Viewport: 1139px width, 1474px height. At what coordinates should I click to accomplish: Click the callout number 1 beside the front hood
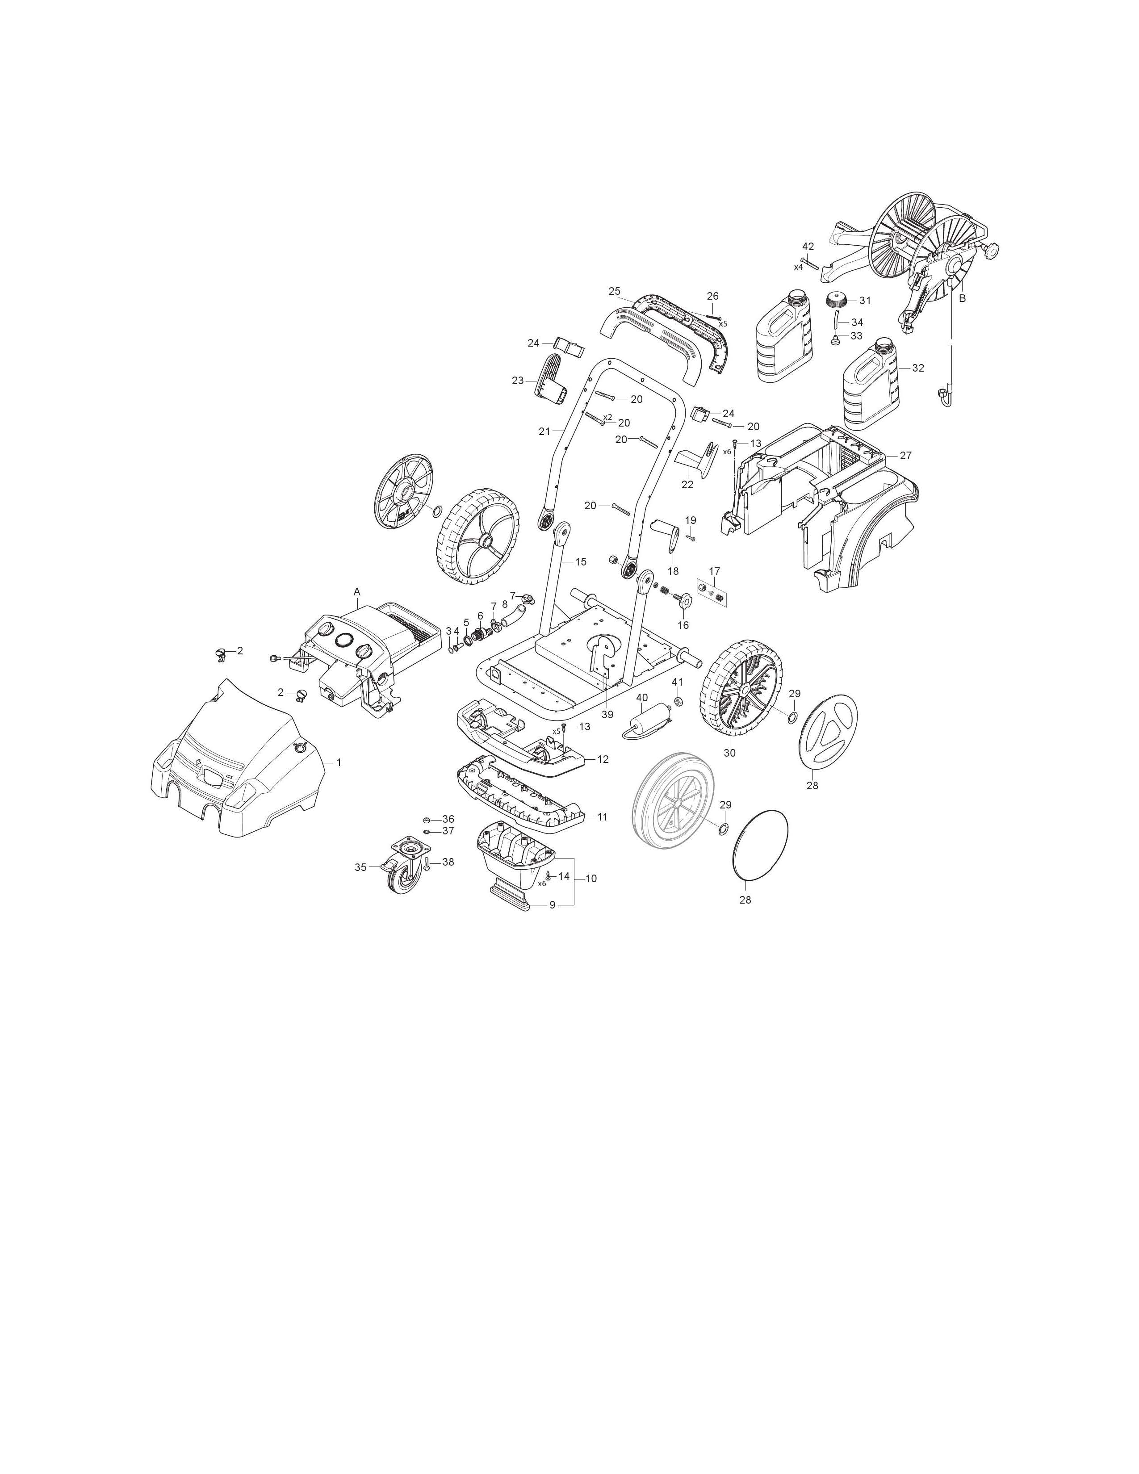tap(339, 762)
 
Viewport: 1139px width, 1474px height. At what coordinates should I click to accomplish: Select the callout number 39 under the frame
tap(607, 715)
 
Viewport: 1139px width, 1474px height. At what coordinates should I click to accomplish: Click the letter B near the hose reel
tap(962, 297)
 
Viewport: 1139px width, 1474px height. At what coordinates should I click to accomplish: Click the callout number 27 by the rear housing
tap(905, 456)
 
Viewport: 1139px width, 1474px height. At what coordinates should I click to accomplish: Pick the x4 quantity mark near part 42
tap(798, 267)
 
